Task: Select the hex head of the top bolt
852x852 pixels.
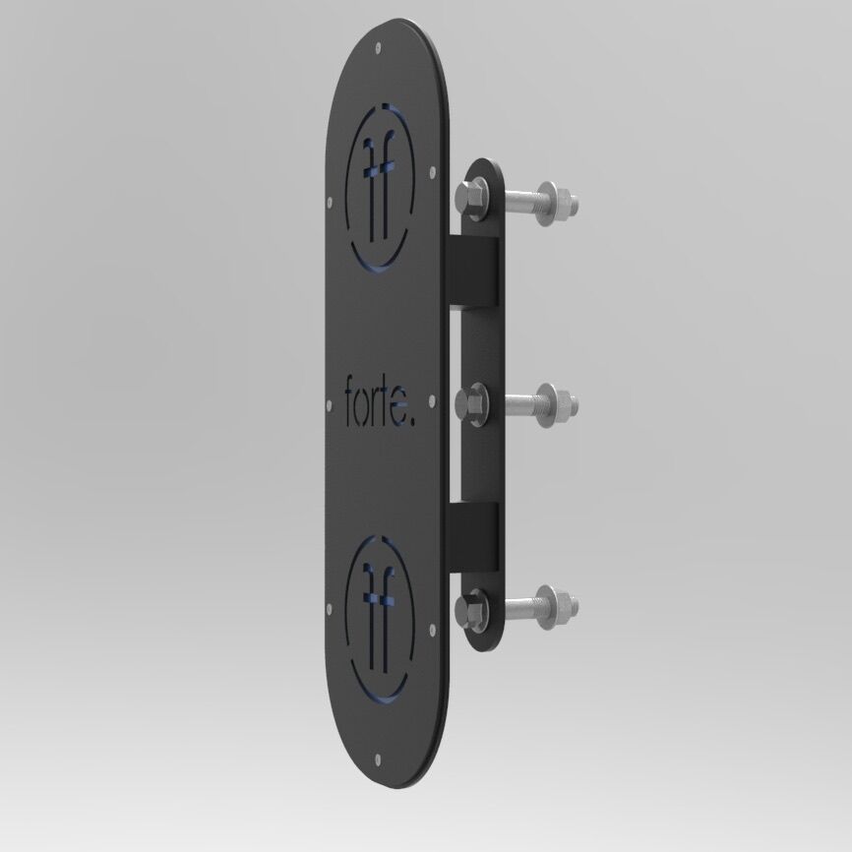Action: pos(469,197)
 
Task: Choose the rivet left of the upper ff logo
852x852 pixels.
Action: pos(328,204)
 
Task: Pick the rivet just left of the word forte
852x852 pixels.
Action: pos(328,401)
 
